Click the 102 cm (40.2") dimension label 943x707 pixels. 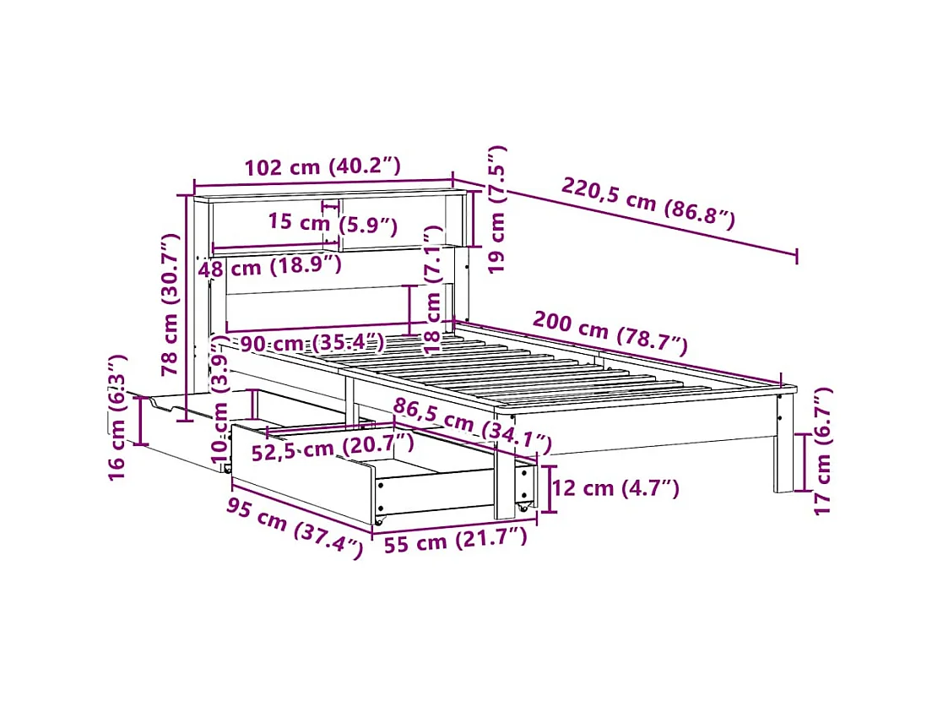322,167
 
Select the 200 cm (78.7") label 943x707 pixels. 610,332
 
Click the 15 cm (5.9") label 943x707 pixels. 332,224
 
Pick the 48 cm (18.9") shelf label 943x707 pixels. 269,268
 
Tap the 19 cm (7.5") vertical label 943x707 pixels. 497,209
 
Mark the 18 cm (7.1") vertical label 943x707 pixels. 433,289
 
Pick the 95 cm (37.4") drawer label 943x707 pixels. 294,528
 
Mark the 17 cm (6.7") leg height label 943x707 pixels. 823,449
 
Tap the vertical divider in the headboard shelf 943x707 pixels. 341,225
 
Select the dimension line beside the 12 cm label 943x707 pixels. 550,488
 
